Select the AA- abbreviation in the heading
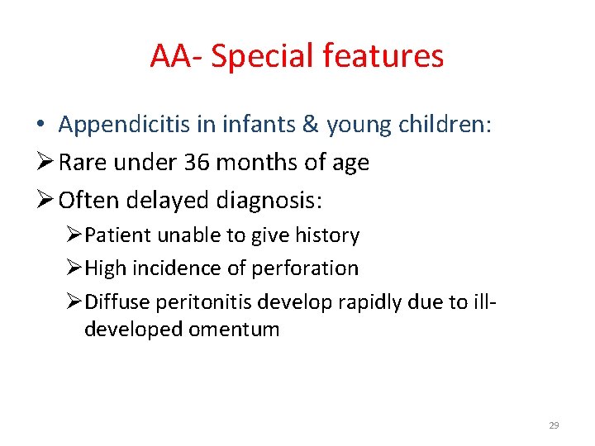coord(175,56)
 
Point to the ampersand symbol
coord(309,125)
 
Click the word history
coord(328,236)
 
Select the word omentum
coord(233,330)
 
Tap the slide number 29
coord(554,425)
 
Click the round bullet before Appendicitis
coord(40,126)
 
